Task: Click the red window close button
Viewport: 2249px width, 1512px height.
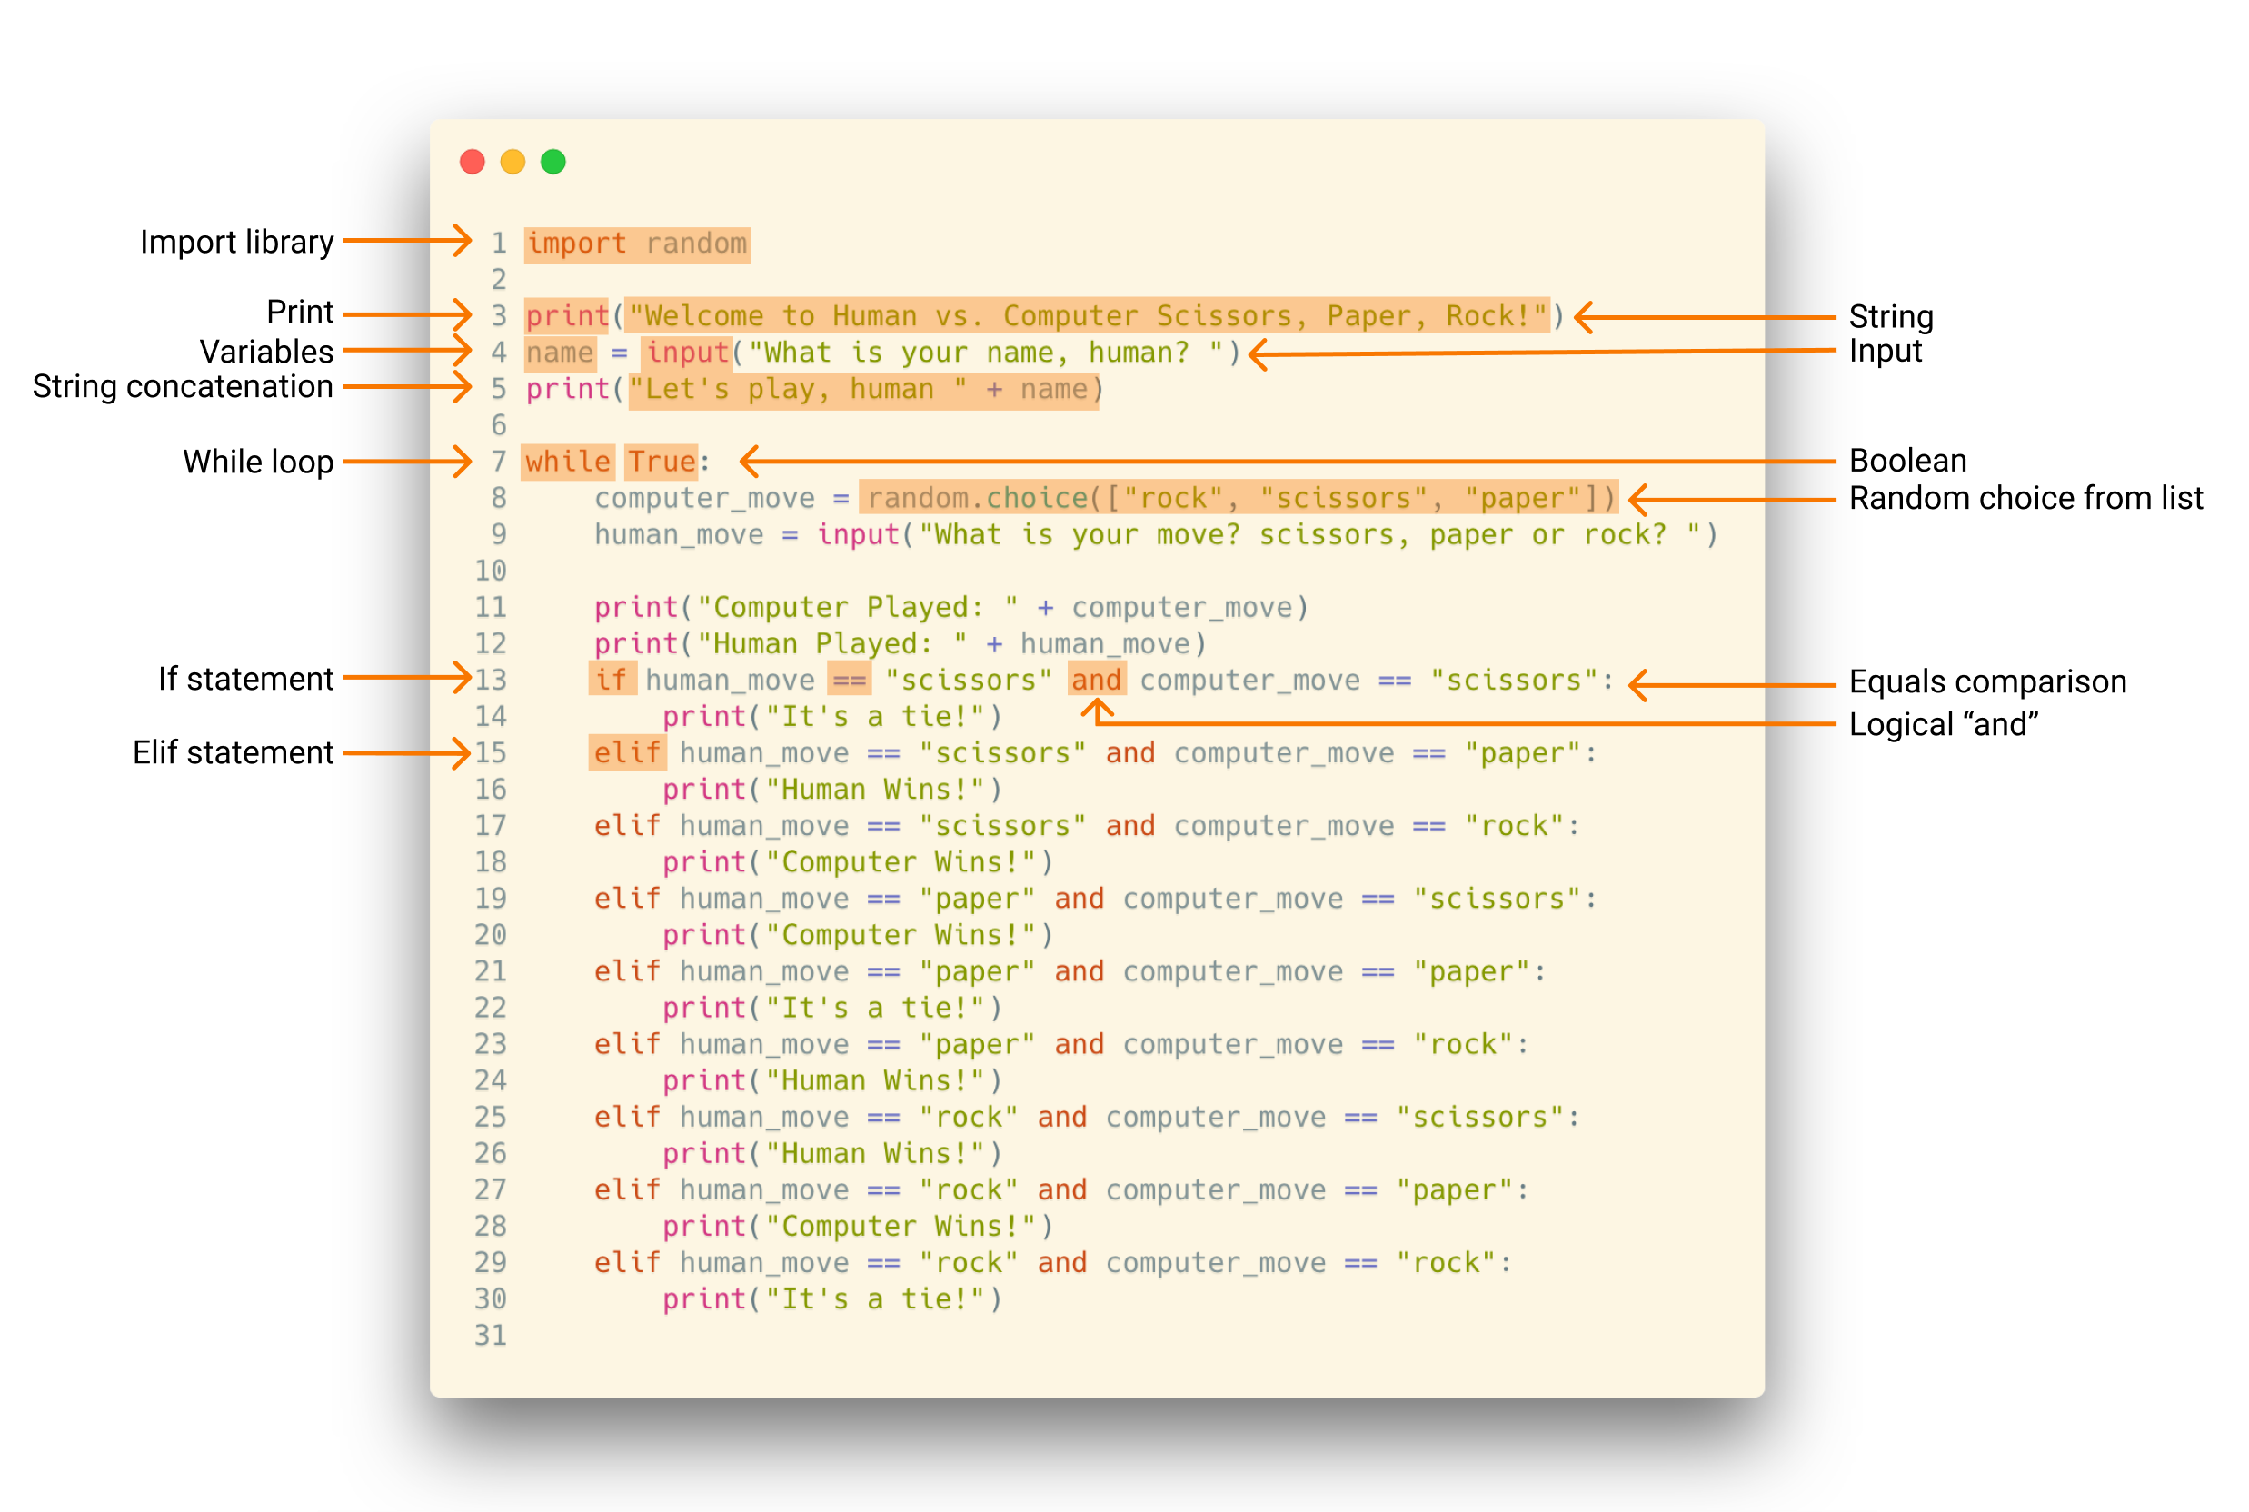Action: click(x=472, y=162)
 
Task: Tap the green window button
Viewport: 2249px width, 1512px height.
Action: click(x=552, y=162)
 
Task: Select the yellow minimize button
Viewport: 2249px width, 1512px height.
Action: click(x=512, y=162)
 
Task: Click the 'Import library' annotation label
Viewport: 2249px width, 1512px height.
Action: click(x=236, y=242)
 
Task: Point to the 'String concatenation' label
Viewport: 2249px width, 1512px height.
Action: click(x=183, y=387)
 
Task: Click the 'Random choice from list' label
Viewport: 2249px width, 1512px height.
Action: click(x=2025, y=499)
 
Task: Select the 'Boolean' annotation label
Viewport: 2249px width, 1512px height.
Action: click(x=1906, y=461)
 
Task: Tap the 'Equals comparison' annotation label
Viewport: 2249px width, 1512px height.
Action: click(x=1986, y=681)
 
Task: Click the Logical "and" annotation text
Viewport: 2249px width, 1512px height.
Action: click(x=1943, y=724)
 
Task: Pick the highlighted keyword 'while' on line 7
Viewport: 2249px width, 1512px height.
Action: click(x=567, y=462)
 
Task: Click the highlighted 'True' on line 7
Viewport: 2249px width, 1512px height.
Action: click(x=662, y=462)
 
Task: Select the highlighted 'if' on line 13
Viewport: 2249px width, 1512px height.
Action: click(x=612, y=680)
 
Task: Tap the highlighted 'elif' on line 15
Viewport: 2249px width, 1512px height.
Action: click(x=627, y=753)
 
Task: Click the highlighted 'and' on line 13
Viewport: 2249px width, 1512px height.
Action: click(x=1096, y=680)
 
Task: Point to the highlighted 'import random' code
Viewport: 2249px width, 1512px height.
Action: click(x=636, y=244)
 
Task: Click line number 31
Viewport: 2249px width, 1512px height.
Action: click(x=490, y=1336)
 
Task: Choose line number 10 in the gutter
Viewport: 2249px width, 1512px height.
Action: click(x=490, y=571)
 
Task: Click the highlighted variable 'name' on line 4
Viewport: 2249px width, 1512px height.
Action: click(x=560, y=353)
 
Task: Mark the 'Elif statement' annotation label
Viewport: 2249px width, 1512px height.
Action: click(x=233, y=753)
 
